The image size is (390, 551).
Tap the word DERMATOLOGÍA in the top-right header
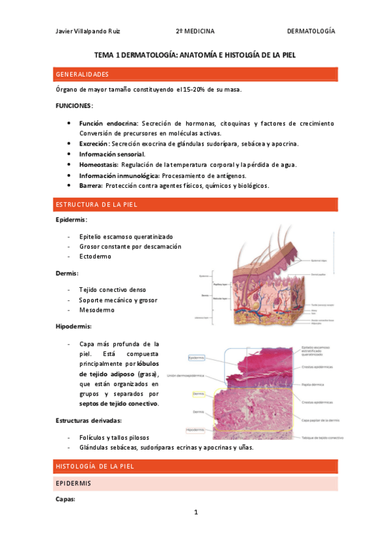tap(311, 31)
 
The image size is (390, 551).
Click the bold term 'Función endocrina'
tap(108, 123)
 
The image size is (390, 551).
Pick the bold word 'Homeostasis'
tap(98, 164)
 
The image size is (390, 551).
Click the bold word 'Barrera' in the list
tap(91, 185)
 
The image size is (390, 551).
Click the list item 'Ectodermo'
tap(95, 257)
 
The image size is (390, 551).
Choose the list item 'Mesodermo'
tap(96, 310)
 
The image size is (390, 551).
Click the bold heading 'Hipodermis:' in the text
tap(74, 326)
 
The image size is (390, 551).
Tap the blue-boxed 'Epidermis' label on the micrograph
tap(196, 358)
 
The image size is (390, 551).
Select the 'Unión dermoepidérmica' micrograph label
tap(186, 375)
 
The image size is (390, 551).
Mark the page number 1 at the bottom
tap(195, 512)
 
